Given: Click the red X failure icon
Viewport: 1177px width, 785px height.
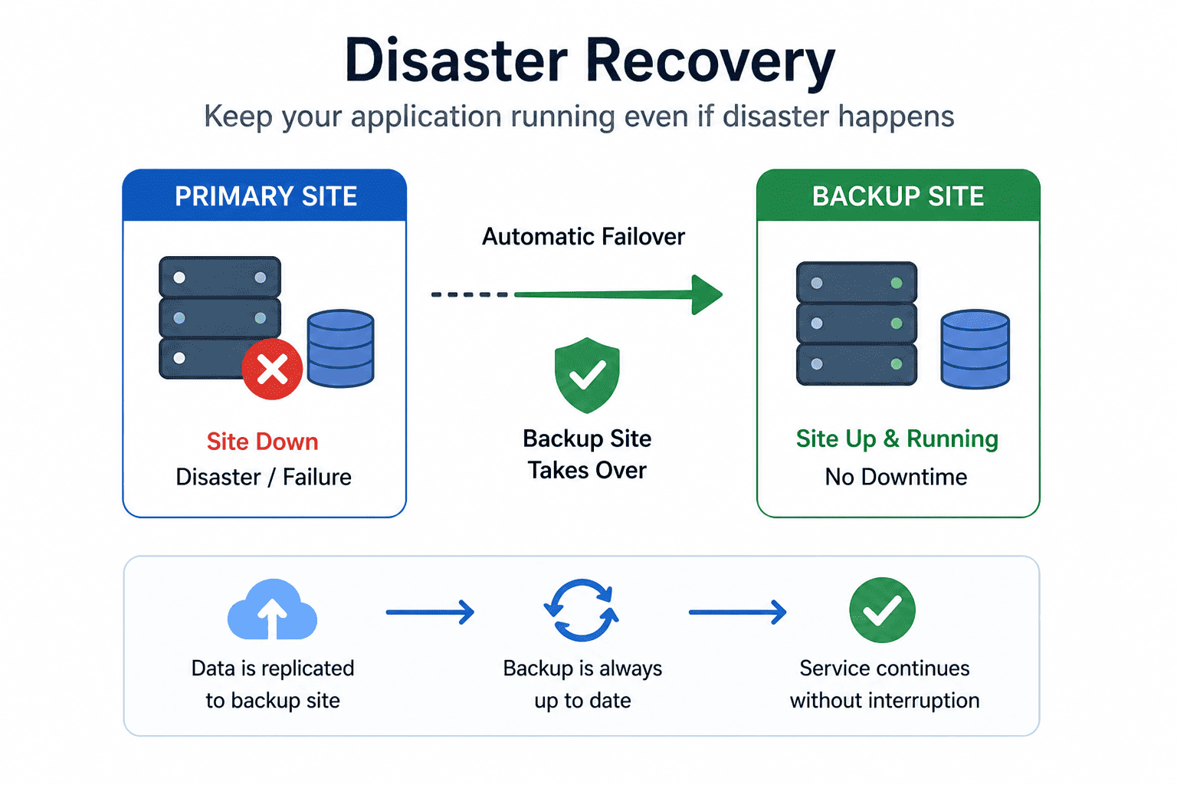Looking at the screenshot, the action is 272,369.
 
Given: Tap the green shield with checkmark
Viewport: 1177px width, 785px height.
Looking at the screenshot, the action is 587,375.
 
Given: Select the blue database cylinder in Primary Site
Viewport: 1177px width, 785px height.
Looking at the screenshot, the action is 340,349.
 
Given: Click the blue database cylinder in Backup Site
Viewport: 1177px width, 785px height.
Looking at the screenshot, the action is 975,349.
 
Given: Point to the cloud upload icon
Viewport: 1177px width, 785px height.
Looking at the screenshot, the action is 272,609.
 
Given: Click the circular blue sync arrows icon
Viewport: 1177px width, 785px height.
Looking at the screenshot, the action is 582,610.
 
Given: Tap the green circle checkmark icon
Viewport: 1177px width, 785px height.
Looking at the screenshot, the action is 882,610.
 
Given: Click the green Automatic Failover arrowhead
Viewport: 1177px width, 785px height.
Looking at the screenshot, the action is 707,294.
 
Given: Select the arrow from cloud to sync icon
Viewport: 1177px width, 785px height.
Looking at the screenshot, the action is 431,612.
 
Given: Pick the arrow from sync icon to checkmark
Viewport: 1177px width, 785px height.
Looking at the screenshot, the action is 738,612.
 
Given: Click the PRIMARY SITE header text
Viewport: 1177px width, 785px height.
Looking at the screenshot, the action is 266,196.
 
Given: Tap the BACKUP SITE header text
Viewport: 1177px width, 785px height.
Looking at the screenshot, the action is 898,196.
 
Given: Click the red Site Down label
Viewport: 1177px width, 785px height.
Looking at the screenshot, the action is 262,441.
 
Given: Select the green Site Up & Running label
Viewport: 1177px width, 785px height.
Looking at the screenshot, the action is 897,438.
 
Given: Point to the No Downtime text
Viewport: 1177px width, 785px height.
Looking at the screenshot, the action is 896,477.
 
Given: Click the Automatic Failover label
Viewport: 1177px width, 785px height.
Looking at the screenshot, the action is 583,237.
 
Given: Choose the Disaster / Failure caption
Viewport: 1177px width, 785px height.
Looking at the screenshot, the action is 264,477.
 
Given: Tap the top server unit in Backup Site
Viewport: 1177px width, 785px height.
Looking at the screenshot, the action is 857,282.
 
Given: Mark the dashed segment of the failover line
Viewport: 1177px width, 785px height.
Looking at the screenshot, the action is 469,294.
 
